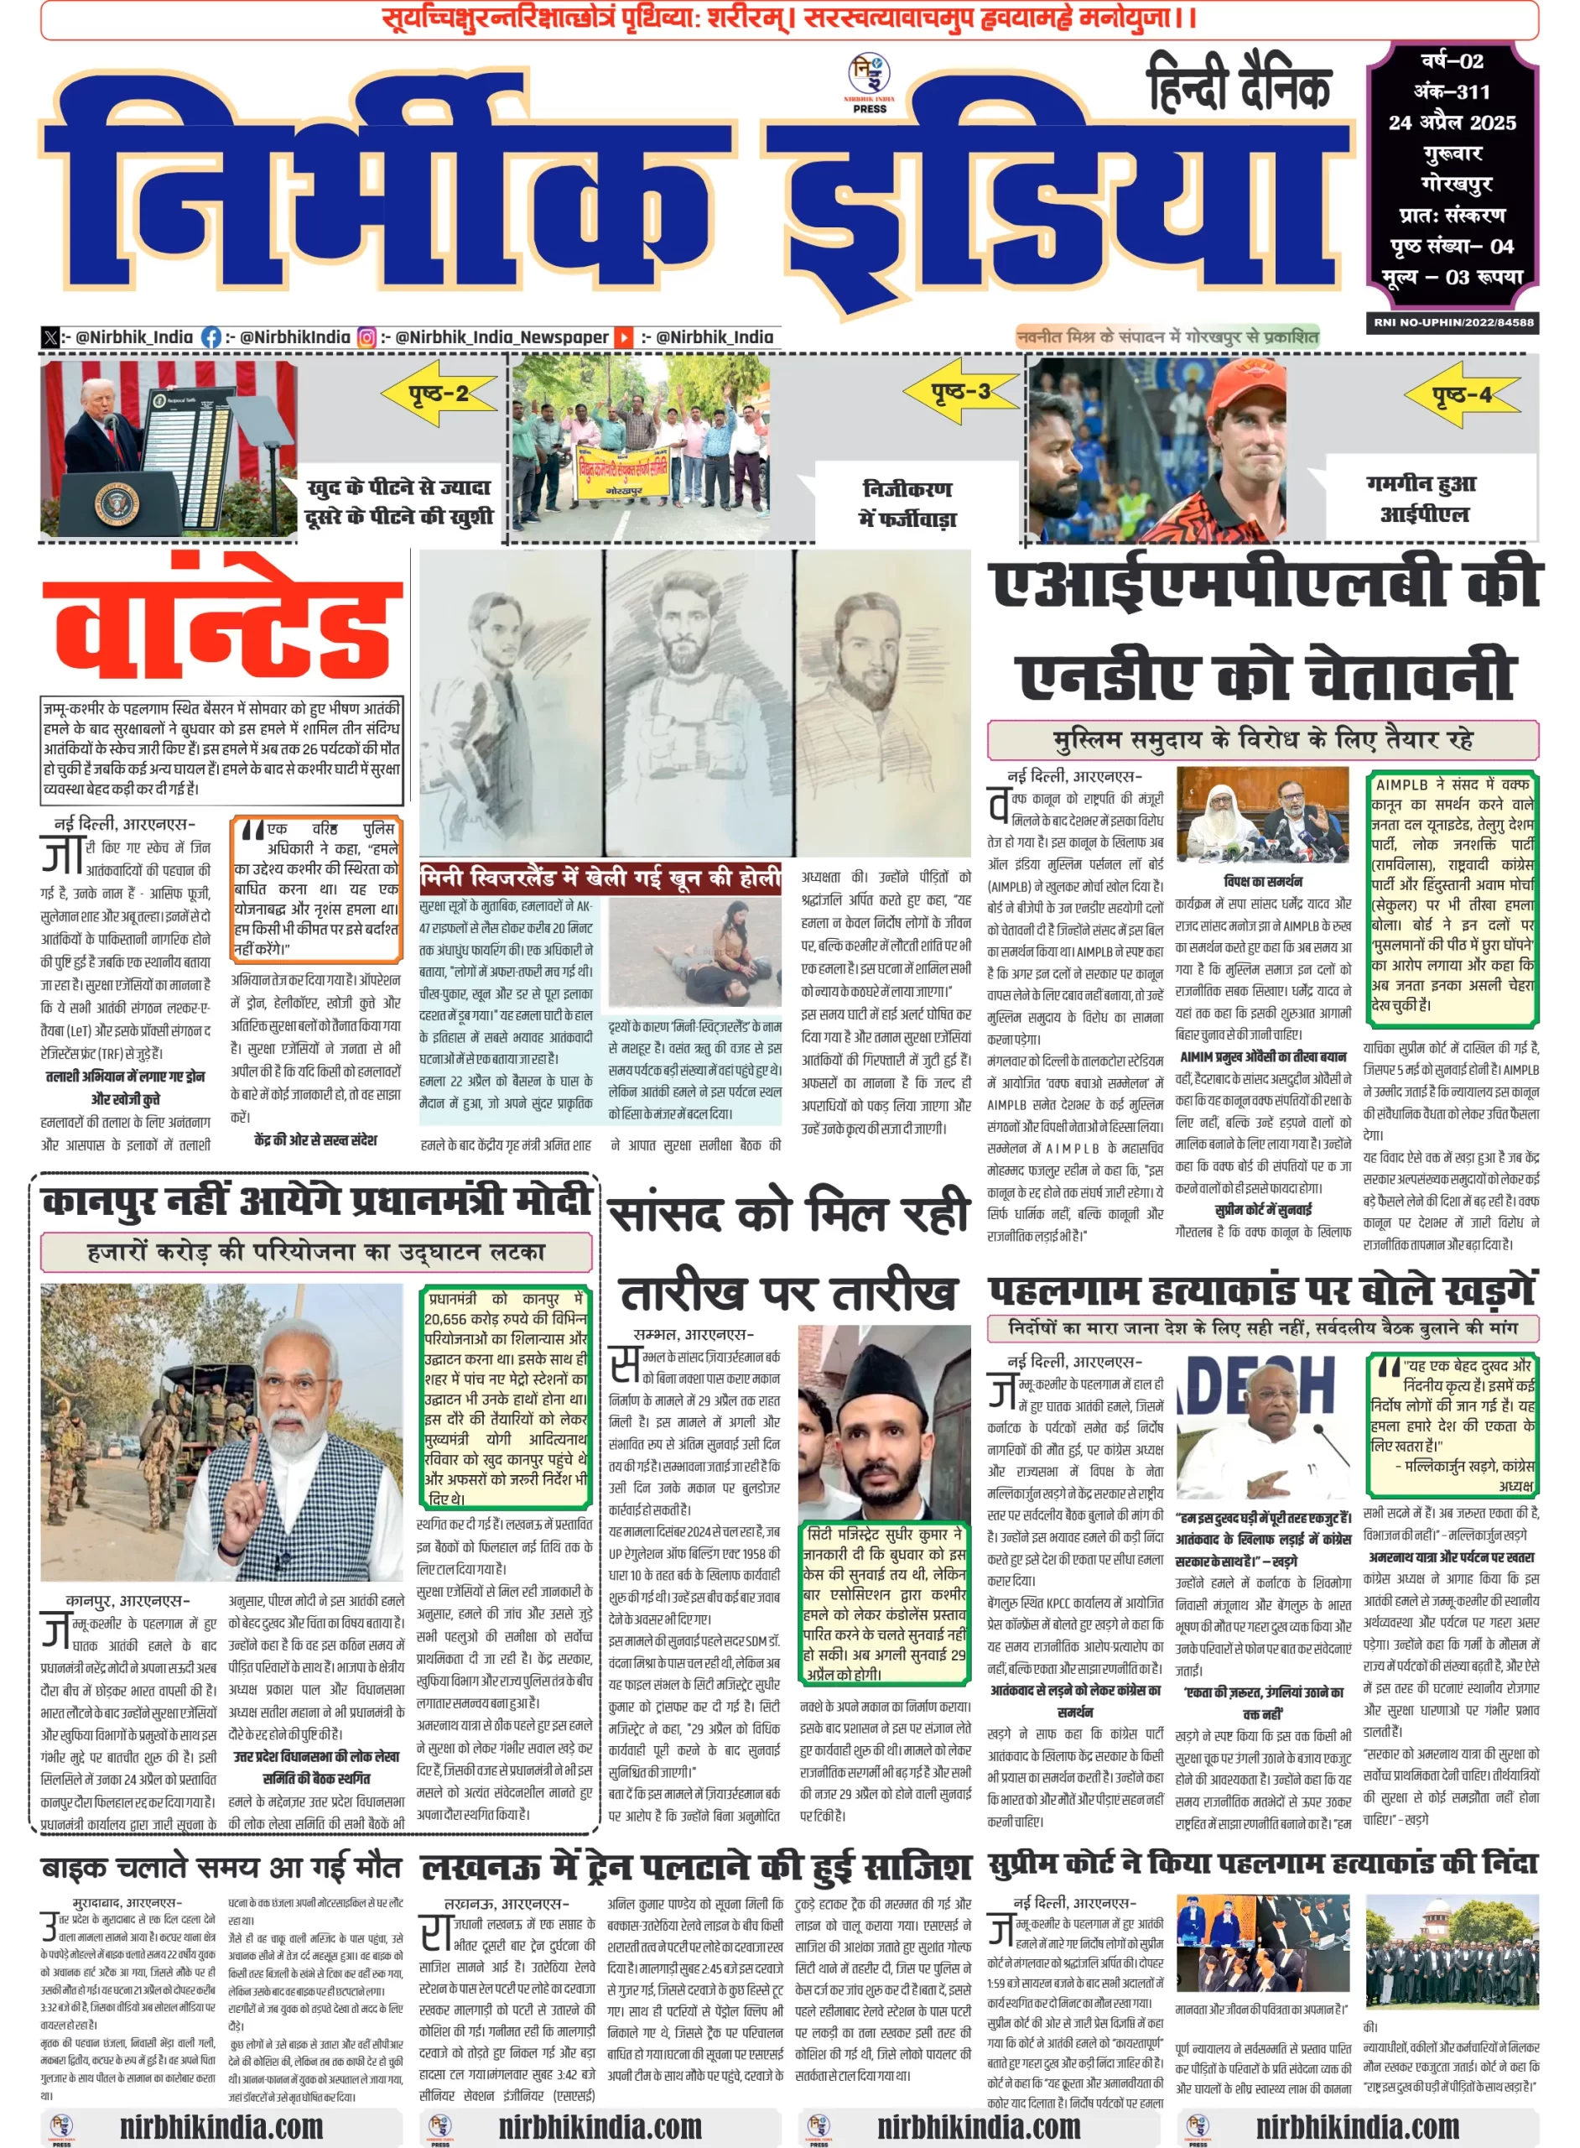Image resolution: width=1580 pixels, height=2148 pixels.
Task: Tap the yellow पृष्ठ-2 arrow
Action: [438, 393]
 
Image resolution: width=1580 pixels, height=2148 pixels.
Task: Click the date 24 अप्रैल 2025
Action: [1452, 123]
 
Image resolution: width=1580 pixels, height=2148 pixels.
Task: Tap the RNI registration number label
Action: [1452, 322]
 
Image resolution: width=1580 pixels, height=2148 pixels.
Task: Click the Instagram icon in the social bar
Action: [366, 336]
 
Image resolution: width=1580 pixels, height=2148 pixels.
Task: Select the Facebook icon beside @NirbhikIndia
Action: [211, 336]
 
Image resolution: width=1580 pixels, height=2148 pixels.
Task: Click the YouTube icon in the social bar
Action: [622, 336]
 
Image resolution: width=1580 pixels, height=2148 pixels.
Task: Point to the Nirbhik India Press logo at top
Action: [869, 82]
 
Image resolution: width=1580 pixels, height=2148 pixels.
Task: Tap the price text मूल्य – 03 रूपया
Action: [1452, 278]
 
